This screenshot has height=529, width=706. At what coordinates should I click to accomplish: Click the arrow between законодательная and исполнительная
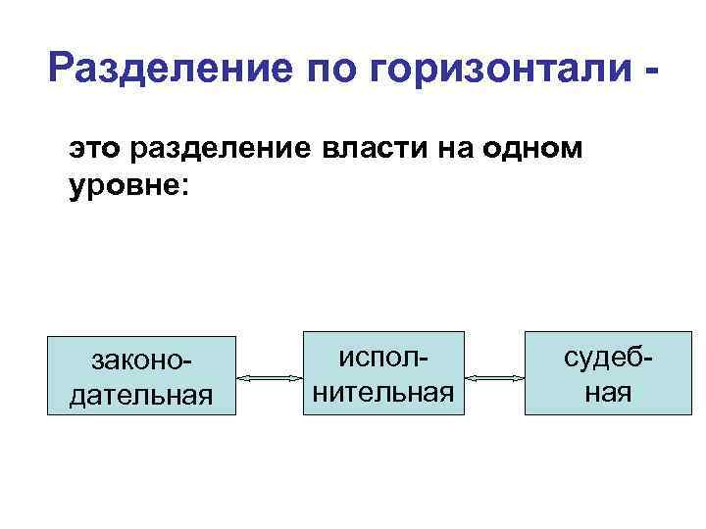coord(268,377)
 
